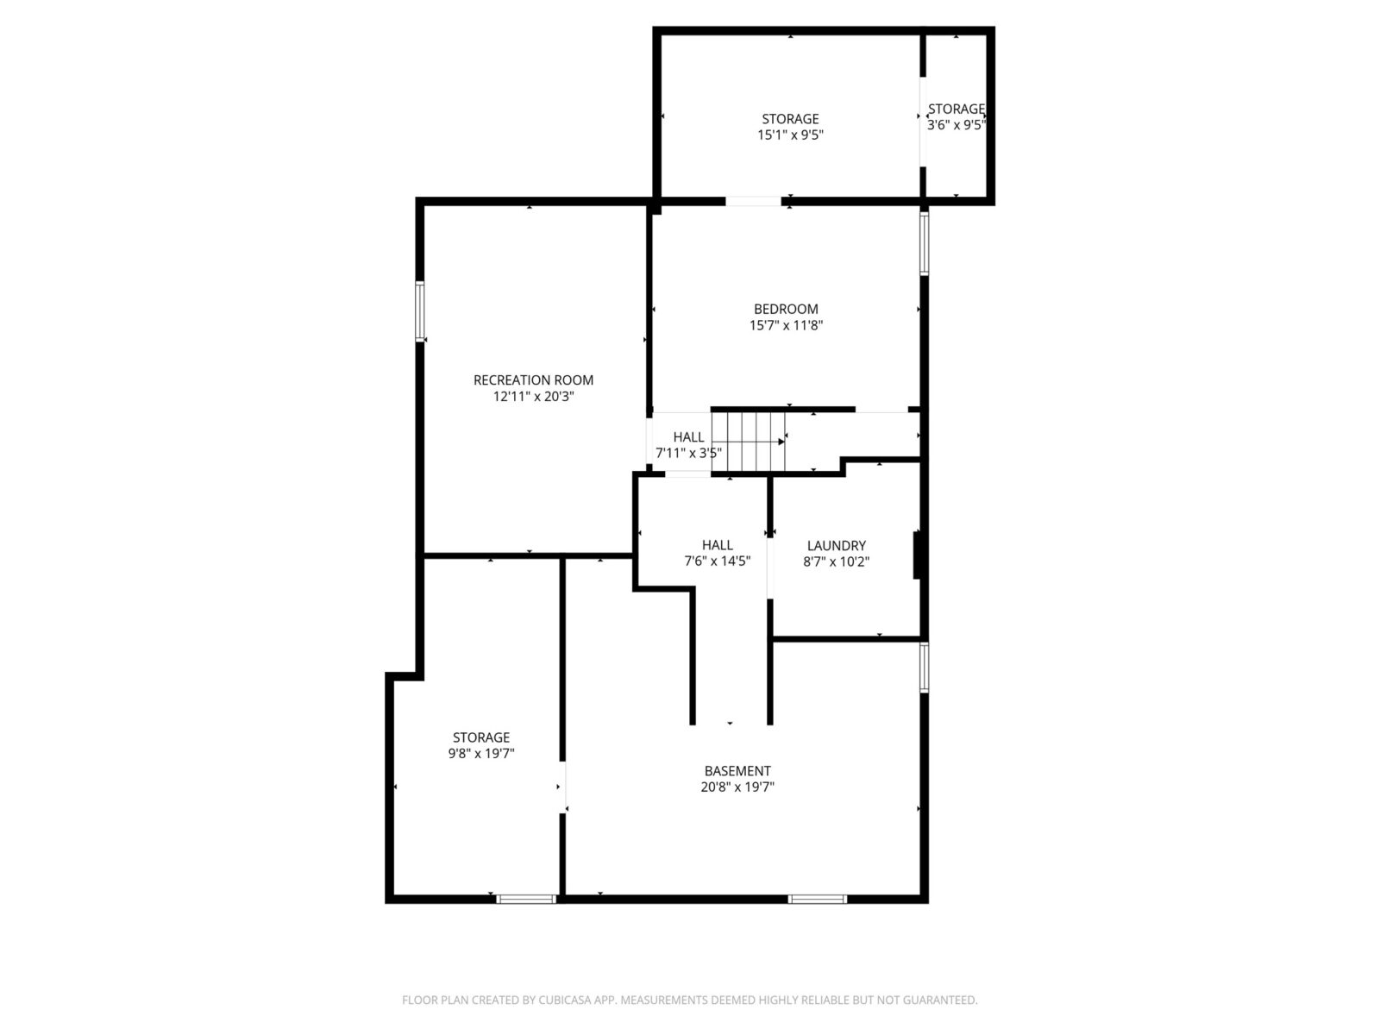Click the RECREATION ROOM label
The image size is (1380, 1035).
click(x=533, y=380)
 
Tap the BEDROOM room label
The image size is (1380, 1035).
click(x=786, y=309)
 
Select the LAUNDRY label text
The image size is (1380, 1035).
click(x=836, y=545)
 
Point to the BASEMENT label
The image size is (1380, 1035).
click(x=737, y=771)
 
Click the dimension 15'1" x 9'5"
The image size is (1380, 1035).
click(x=790, y=135)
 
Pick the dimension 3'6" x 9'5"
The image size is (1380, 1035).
click(x=956, y=125)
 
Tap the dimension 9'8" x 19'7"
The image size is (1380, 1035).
click(x=481, y=754)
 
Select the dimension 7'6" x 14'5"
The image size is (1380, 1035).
click(x=718, y=561)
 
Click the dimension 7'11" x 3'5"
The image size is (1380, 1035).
click(x=688, y=453)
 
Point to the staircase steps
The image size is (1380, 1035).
click(x=748, y=442)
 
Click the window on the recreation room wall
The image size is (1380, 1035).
click(x=420, y=311)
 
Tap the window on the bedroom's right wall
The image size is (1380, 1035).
click(x=925, y=243)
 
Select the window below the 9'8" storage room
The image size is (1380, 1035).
click(x=526, y=900)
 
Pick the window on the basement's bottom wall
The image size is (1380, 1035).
click(x=818, y=900)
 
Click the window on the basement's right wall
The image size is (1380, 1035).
click(x=925, y=668)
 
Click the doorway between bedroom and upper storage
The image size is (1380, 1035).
click(x=753, y=202)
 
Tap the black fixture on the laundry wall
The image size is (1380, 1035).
click(x=918, y=555)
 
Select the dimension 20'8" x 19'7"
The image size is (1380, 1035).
click(x=737, y=787)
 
